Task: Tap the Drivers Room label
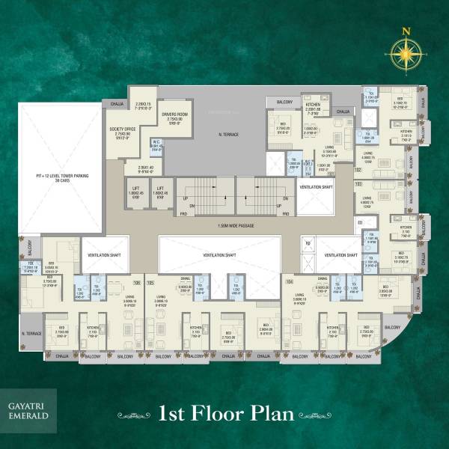pyautogui.click(x=172, y=114)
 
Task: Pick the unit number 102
pyautogui.click(x=358, y=170)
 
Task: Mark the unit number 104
pyautogui.click(x=290, y=282)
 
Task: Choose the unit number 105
pyautogui.click(x=150, y=282)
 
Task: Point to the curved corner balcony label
pyautogui.click(x=394, y=327)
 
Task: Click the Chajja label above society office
pyautogui.click(x=117, y=104)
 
